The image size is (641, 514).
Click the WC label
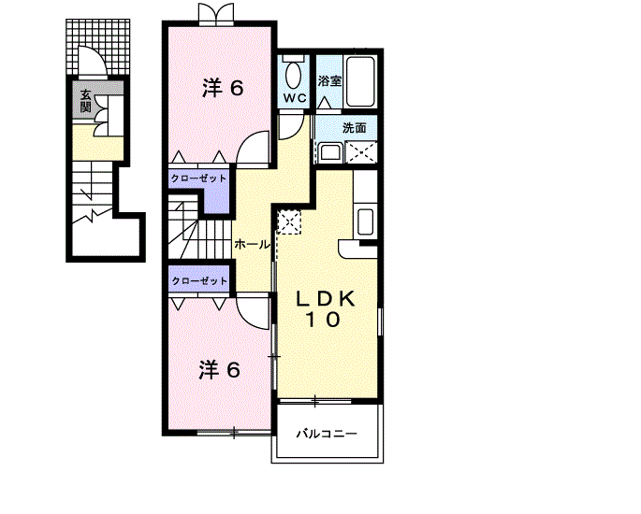(x=295, y=98)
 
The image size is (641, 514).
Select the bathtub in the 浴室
(x=360, y=81)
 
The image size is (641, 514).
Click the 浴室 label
(x=329, y=80)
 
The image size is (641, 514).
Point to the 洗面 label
(x=354, y=128)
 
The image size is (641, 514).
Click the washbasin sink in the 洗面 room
(x=330, y=152)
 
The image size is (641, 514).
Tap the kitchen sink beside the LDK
(x=365, y=221)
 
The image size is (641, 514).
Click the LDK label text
(x=326, y=299)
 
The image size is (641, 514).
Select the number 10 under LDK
(x=323, y=320)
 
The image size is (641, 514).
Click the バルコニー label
(x=327, y=434)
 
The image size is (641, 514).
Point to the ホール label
(x=253, y=245)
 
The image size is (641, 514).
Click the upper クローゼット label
(x=198, y=178)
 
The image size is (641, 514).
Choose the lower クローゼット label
(x=199, y=281)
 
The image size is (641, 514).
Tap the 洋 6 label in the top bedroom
(x=223, y=88)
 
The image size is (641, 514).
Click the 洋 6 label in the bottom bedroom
(x=220, y=370)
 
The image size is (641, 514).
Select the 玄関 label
(x=85, y=100)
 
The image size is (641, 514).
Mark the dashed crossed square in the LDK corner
(x=289, y=222)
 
